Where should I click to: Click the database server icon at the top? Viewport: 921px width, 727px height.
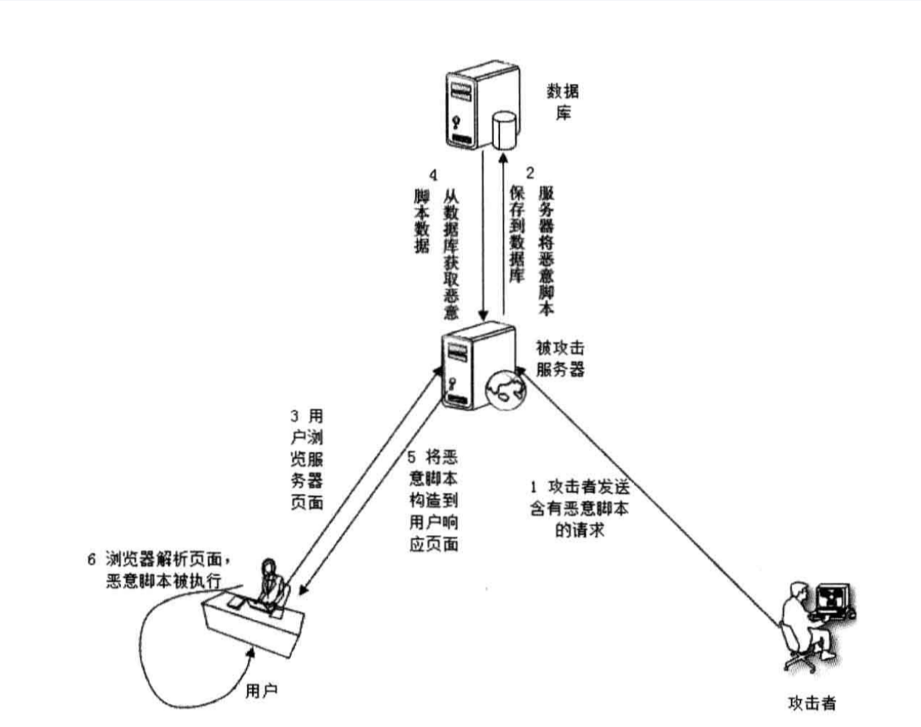click(475, 108)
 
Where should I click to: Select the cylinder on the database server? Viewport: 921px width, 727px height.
click(505, 129)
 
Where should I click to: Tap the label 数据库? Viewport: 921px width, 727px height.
click(563, 102)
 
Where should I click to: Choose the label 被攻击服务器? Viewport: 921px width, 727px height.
click(561, 358)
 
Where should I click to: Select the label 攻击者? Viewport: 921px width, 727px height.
click(811, 702)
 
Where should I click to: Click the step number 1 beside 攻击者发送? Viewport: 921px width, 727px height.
click(533, 487)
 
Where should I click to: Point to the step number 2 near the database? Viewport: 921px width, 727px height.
click(530, 174)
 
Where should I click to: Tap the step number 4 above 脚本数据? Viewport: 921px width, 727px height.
click(434, 175)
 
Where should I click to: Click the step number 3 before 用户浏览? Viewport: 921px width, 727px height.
click(294, 416)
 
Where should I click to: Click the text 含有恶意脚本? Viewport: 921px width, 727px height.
click(579, 509)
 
